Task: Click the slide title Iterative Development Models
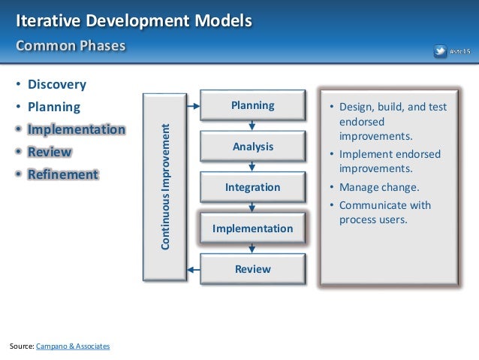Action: click(134, 20)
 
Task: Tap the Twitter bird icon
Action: click(440, 51)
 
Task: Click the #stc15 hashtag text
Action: click(459, 51)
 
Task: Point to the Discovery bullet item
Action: click(57, 84)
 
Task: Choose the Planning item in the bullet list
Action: click(53, 107)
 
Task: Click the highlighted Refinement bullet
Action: click(63, 174)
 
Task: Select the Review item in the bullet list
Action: click(50, 152)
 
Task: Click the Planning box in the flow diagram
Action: click(252, 106)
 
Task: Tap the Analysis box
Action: click(252, 147)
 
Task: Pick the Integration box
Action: click(252, 187)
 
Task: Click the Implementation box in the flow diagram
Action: click(252, 228)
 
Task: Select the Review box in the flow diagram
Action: click(252, 268)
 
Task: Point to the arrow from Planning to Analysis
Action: click(252, 126)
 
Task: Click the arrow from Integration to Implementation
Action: click(252, 207)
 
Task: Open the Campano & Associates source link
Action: click(73, 346)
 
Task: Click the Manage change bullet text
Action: click(378, 187)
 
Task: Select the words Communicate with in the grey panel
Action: click(384, 204)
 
